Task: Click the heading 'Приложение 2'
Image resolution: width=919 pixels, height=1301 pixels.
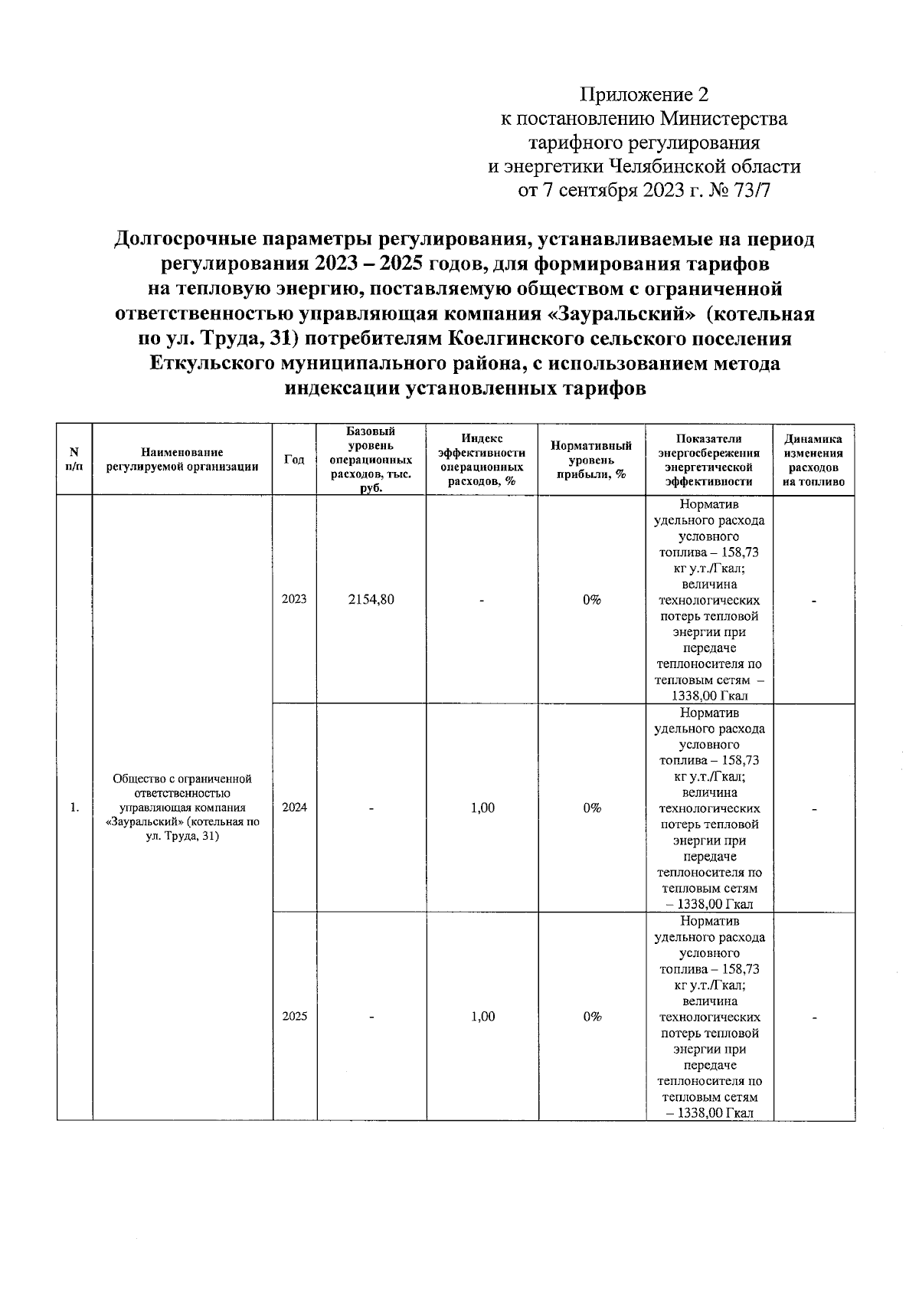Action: (644, 94)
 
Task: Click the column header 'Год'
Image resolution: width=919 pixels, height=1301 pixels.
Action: (294, 460)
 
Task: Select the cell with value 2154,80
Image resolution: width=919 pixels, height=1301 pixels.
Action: (371, 599)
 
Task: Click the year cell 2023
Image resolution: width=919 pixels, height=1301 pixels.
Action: (294, 599)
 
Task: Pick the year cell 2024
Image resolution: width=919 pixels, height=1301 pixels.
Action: (294, 808)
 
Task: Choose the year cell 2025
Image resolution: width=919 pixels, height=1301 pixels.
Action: (294, 1017)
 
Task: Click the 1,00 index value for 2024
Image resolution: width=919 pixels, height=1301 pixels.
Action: (482, 808)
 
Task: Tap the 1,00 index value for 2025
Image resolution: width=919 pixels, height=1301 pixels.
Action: (482, 1017)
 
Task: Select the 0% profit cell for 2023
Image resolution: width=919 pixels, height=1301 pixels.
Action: (591, 599)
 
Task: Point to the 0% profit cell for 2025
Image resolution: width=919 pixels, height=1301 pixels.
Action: (591, 1017)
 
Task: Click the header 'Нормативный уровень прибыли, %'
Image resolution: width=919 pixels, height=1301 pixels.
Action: (591, 460)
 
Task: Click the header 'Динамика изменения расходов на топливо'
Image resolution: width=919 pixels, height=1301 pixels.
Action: (813, 460)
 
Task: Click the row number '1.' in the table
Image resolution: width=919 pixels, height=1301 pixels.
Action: (74, 808)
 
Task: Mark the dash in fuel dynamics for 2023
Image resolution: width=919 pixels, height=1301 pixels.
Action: (815, 601)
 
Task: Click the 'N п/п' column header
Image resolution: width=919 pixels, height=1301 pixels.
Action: (74, 460)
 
